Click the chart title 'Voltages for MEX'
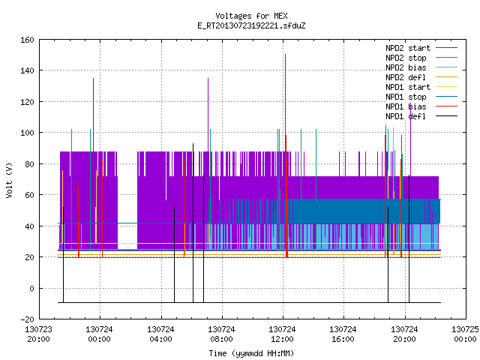(251, 16)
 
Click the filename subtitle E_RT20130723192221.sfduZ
(251, 25)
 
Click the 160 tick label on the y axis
(27, 40)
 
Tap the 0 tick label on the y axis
(31, 288)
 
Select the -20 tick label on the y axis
(27, 319)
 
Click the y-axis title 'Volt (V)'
(10, 180)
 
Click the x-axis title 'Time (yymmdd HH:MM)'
(251, 353)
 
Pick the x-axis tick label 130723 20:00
(38, 334)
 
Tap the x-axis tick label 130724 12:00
(282, 334)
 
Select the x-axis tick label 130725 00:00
(465, 334)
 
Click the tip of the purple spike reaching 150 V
(285, 55)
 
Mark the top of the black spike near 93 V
(193, 143)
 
